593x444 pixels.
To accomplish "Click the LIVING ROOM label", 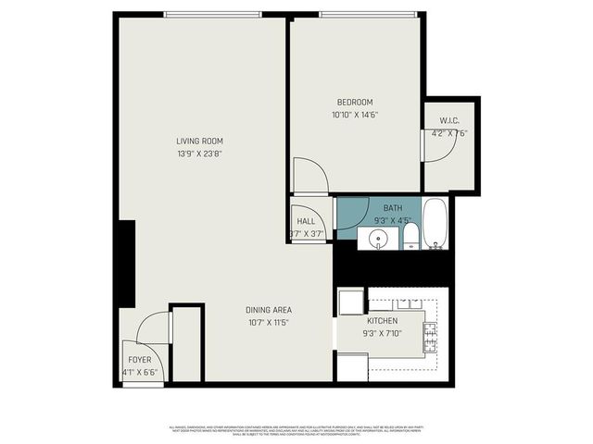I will coord(200,142).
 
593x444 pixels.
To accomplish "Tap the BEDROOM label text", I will coord(355,102).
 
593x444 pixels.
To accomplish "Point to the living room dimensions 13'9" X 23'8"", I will coord(200,154).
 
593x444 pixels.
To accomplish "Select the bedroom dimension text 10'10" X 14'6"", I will coord(355,115).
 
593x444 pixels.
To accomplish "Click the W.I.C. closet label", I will coord(449,119).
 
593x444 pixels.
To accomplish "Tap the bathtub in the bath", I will coord(435,224).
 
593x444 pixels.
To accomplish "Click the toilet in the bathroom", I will coord(410,239).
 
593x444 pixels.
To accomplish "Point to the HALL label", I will coord(306,221).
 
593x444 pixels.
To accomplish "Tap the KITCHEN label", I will coord(382,321).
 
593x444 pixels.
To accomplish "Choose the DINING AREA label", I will coord(270,310).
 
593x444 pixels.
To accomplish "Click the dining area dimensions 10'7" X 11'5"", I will coord(270,323).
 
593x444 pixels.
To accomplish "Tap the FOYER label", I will coord(139,360).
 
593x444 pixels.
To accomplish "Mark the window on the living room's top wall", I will coord(213,14).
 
